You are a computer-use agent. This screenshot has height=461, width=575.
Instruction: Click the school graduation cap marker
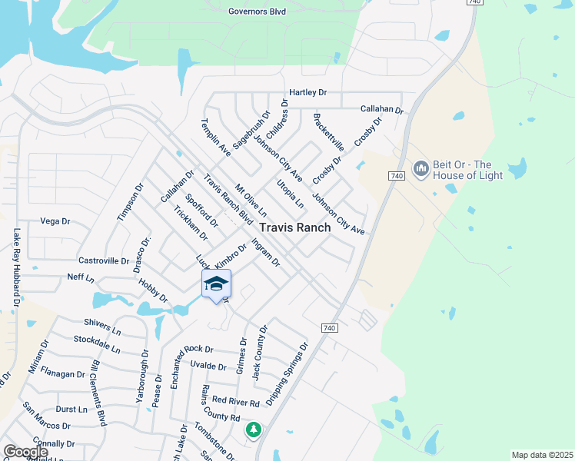(216, 284)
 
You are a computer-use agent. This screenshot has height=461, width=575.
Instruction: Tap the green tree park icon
(253, 429)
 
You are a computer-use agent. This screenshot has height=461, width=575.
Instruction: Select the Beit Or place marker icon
(420, 168)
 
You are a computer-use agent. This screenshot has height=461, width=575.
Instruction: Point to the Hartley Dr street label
(307, 92)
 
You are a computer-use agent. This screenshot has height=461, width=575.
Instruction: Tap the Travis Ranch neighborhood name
(295, 227)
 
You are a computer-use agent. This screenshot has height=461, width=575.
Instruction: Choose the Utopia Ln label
(290, 193)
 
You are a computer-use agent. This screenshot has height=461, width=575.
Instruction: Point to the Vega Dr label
(55, 221)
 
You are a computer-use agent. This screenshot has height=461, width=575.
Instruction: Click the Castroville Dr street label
(104, 261)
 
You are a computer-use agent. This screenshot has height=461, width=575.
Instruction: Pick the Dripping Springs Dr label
(287, 374)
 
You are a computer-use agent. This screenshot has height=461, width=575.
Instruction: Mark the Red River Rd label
(236, 401)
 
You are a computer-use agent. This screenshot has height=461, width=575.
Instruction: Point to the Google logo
(25, 452)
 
